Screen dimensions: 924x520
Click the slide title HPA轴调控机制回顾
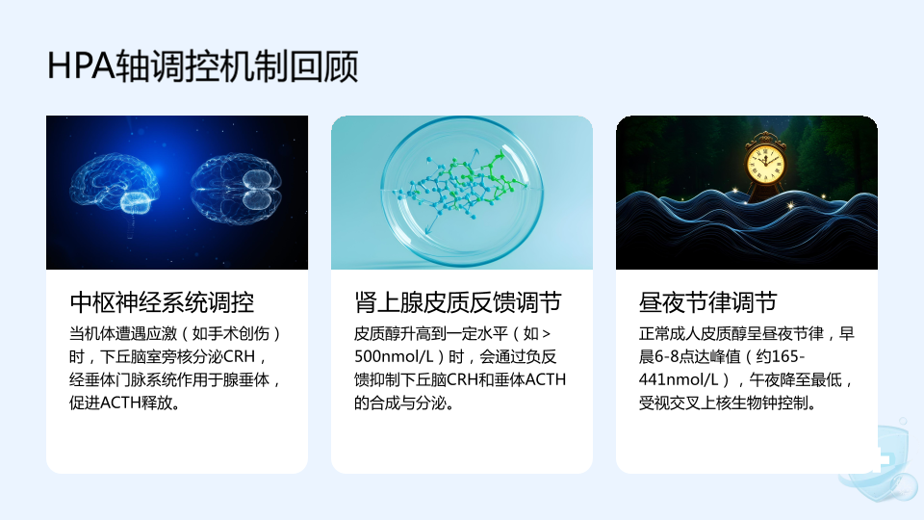(x=203, y=65)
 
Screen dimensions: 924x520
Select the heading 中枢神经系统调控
(x=162, y=302)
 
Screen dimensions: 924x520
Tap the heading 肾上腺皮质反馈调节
(x=457, y=302)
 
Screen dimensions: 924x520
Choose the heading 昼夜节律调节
(x=707, y=302)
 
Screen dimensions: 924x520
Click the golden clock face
(x=765, y=163)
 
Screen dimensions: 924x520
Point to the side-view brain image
(x=114, y=186)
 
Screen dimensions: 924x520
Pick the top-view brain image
(x=236, y=188)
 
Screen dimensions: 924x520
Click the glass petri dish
(x=461, y=190)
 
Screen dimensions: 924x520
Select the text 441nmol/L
(x=679, y=379)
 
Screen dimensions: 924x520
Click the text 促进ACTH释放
(x=121, y=403)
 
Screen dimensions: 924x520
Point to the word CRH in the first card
(x=240, y=356)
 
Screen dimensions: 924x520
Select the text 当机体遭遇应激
(x=123, y=334)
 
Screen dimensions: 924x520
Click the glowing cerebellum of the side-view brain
(x=137, y=202)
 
